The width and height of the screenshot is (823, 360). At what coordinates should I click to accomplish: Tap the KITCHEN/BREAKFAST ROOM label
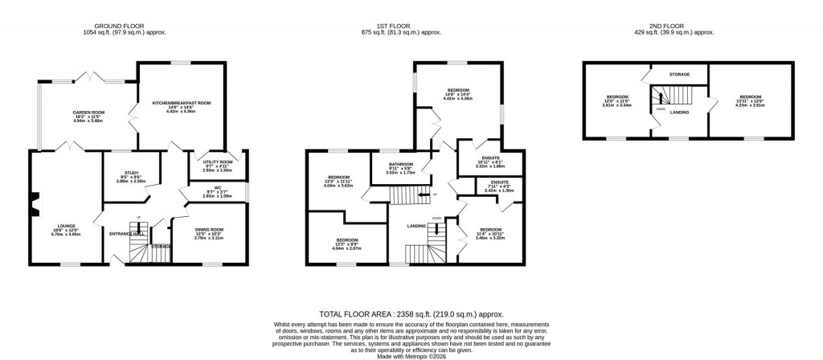point(181,103)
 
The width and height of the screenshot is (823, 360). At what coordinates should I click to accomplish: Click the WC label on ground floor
point(217,190)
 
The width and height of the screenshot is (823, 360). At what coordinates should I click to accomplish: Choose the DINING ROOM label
point(208,230)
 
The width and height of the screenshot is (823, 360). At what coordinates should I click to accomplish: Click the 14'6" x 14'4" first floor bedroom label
point(459,90)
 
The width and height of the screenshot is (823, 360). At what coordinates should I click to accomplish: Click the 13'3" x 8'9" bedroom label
point(347,240)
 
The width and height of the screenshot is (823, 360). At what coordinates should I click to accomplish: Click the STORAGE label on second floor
point(679,74)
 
